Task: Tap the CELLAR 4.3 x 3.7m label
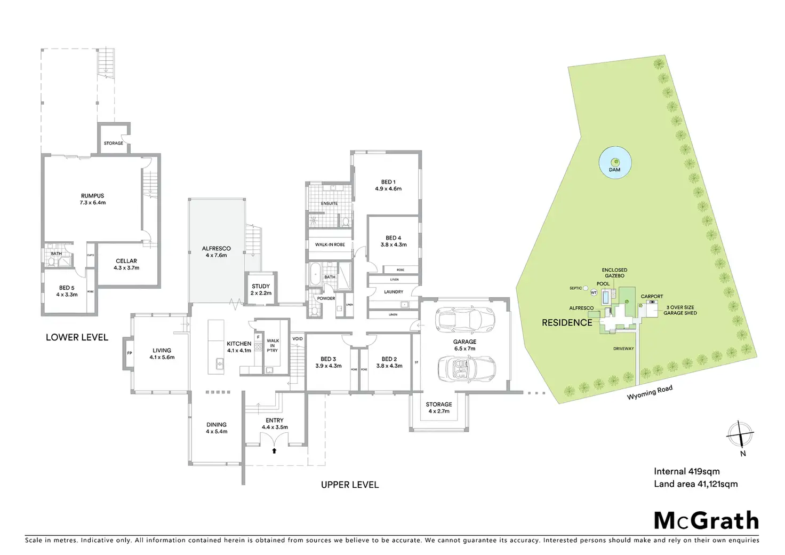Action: coord(126,264)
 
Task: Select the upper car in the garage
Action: coord(465,319)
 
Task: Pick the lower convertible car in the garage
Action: coord(466,369)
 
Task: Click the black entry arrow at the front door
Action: coord(274,451)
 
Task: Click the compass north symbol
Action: coord(740,434)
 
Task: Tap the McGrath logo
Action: coord(706,520)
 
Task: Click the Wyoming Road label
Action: coord(649,392)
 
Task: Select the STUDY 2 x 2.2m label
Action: coord(261,290)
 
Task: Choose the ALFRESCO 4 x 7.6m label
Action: coord(217,252)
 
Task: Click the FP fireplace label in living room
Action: coord(129,353)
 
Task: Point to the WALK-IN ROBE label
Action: coord(330,244)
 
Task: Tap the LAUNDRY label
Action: coord(394,292)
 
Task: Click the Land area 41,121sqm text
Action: coord(695,484)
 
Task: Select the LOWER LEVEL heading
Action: coord(77,337)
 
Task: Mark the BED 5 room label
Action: coord(67,291)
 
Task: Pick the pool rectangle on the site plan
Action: coord(606,297)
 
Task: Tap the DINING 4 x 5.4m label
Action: coord(217,428)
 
